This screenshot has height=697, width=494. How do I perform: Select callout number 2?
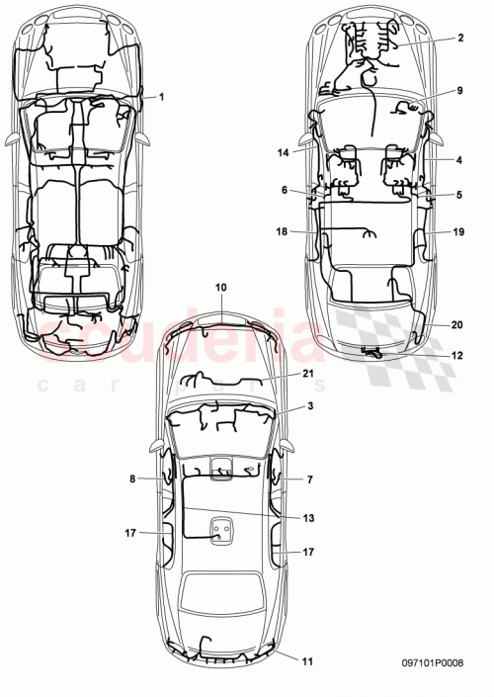pos(460,39)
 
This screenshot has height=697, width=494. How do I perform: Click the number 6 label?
pos(285,190)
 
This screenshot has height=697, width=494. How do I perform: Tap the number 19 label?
pos(458,232)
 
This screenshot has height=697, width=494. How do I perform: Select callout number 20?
pos(458,324)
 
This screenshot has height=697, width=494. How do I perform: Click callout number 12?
pos(456,356)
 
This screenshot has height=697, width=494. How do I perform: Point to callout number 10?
pos(221,287)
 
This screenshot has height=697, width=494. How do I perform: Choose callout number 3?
pos(309,407)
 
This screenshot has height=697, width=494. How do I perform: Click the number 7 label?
pos(309,479)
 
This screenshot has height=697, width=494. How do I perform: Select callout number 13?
pos(308,517)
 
